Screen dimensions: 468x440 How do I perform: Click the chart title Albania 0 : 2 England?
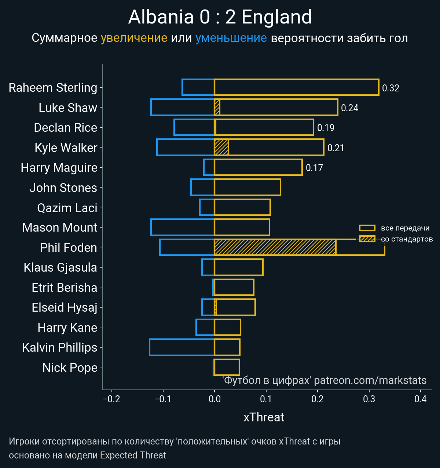220,17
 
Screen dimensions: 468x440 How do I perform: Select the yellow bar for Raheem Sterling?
296,87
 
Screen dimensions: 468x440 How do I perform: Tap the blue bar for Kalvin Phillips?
181,347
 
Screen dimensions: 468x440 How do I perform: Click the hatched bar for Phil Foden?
275,247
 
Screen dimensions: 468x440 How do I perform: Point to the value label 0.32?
390,88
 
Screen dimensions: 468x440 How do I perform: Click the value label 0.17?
314,168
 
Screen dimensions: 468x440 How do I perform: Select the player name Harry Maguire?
59,168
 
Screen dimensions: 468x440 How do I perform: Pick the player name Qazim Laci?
67,208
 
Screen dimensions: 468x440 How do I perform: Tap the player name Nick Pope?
70,367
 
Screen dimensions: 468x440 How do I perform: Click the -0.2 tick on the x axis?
112,399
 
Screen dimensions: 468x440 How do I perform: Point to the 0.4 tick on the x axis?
421,399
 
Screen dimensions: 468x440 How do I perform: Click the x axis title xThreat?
264,417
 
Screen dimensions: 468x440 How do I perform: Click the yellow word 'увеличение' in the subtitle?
134,38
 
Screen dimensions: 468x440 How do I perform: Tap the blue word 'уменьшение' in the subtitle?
231,38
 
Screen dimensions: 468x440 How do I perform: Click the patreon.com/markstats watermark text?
370,380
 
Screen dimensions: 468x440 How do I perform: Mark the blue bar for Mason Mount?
182,227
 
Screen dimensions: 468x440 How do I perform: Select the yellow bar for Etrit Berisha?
234,287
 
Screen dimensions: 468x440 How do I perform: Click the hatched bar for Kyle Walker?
221,147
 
